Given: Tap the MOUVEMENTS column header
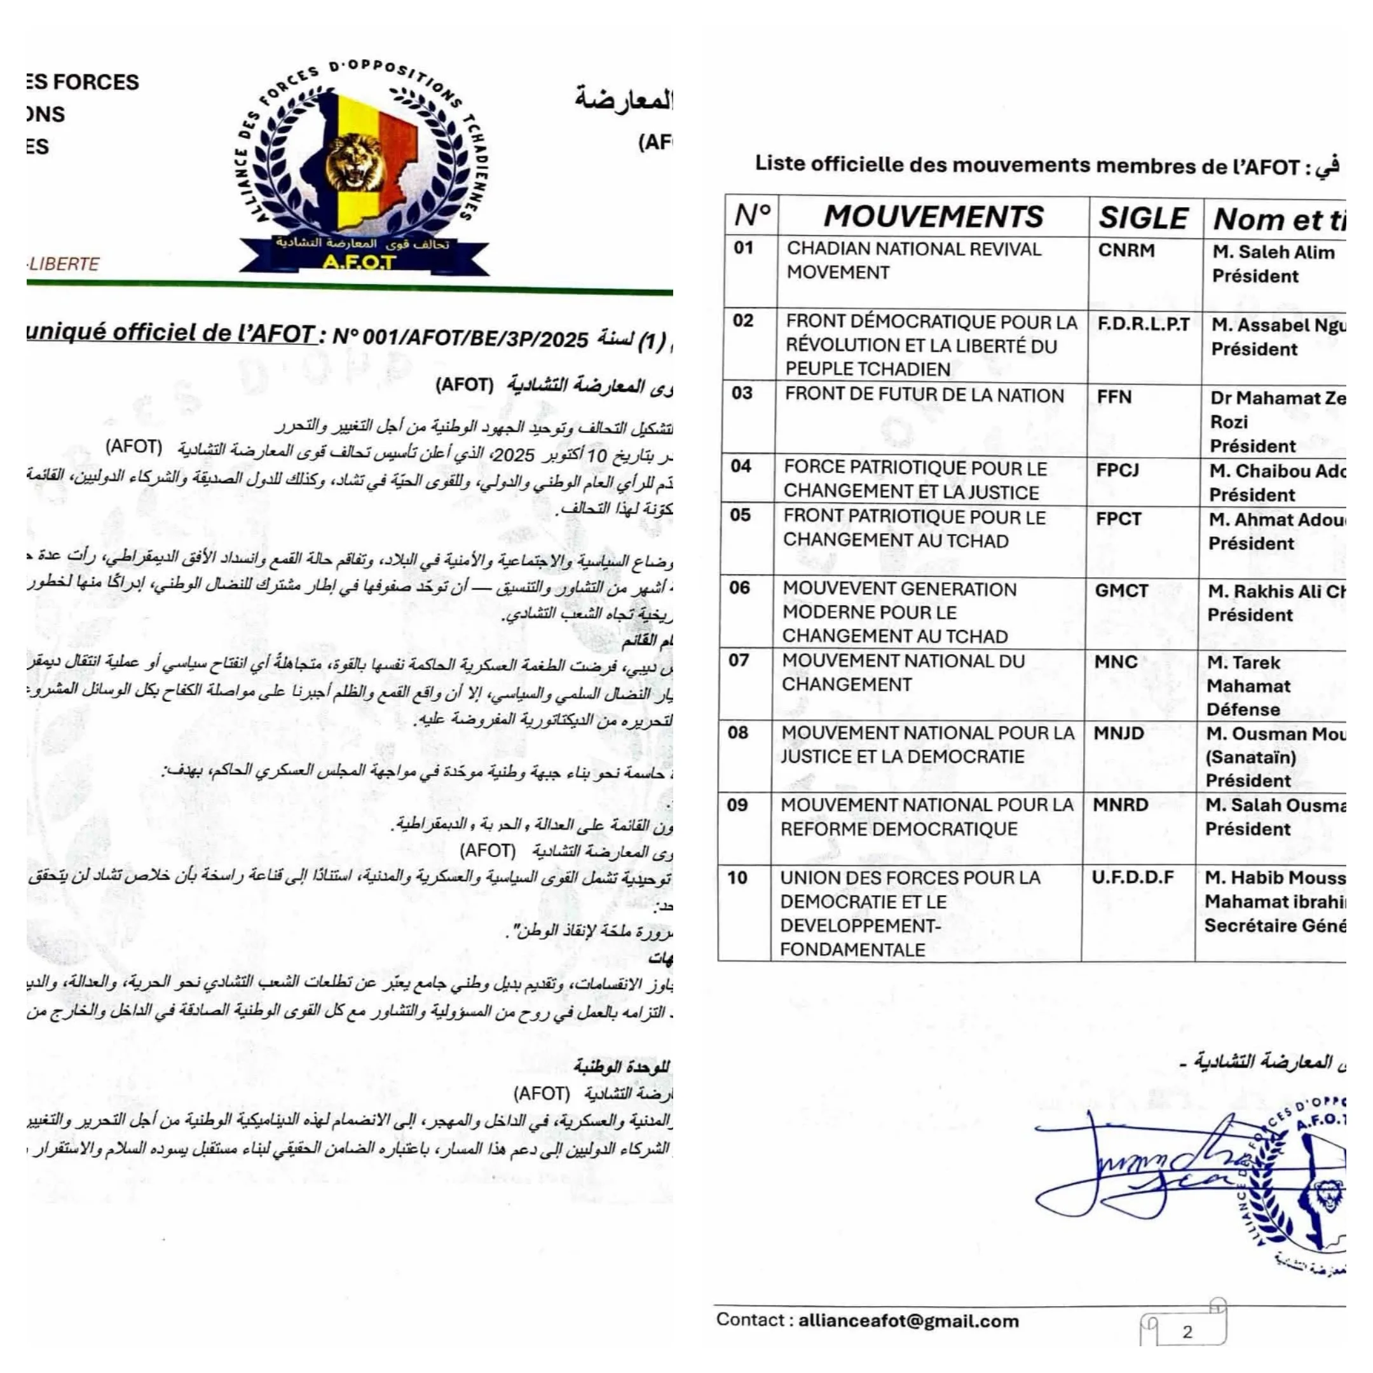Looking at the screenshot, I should pos(933,216).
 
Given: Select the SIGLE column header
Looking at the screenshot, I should pos(1143,217).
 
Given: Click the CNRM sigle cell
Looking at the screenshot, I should pos(1126,251).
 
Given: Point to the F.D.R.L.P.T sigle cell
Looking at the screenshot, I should pos(1143,325).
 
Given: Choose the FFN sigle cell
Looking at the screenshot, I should pos(1114,397).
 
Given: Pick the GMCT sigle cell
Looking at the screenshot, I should pos(1121,591).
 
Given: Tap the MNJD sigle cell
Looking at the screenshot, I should pos(1119,734).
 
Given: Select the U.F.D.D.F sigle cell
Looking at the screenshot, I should pos(1133,878).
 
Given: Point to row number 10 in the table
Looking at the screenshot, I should pos(737,878).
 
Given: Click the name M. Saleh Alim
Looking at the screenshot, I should pos(1273,252).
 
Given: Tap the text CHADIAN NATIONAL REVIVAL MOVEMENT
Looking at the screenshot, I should pos(913,260).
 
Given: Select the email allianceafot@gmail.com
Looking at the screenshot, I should pos(908,1321).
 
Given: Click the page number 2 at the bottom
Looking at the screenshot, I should pos(1187,1331).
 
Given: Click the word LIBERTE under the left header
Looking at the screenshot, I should pos(64,264).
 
